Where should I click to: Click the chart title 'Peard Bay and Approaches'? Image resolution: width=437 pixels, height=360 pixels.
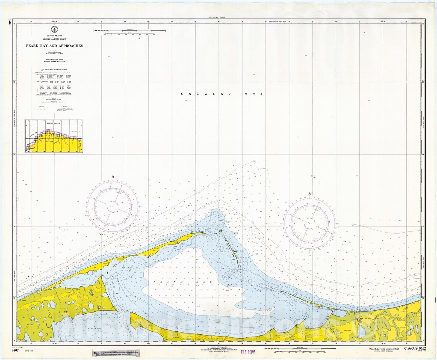point(54,46)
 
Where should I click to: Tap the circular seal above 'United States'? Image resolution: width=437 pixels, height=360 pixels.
point(54,30)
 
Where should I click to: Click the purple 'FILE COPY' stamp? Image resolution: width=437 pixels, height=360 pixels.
point(247,352)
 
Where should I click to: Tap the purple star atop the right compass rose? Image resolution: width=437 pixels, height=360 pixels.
point(309,194)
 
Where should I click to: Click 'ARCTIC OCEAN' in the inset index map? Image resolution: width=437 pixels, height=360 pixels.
point(53,123)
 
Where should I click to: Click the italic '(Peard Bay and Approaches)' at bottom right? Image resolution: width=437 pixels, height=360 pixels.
point(384,349)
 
